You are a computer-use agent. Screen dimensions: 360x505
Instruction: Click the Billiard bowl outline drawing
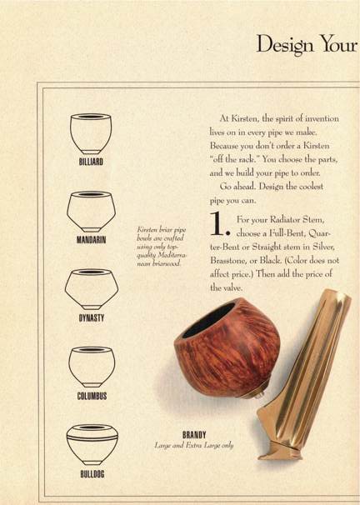point(91,133)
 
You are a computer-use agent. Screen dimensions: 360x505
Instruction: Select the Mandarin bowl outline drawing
point(91,212)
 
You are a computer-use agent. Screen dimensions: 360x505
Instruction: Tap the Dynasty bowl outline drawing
point(92,289)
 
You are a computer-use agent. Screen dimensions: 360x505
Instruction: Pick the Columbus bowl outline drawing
point(92,367)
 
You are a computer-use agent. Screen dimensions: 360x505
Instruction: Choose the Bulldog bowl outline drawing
point(92,445)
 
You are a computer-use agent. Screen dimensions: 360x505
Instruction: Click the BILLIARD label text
point(91,162)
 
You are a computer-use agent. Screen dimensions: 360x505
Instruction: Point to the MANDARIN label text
point(91,240)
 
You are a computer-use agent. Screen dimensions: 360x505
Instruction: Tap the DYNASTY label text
point(92,318)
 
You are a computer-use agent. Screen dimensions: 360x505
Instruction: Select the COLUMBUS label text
point(92,396)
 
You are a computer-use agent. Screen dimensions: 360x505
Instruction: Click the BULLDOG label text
point(92,474)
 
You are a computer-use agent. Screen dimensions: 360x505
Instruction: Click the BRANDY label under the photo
point(194,435)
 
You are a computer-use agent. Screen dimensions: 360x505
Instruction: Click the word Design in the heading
point(285,45)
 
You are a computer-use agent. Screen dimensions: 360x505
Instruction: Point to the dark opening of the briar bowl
point(208,320)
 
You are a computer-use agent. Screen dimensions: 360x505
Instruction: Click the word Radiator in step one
point(286,220)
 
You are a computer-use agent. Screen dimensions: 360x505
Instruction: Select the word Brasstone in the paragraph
point(227,261)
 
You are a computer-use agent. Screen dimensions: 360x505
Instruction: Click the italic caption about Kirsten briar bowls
point(162,247)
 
